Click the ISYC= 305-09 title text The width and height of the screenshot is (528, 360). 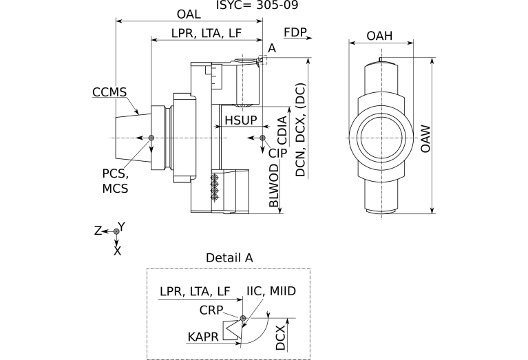(257, 5)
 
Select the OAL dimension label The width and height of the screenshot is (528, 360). (190, 14)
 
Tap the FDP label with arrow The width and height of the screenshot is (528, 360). (295, 32)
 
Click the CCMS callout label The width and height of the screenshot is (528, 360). (109, 92)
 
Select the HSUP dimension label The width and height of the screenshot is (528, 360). (241, 120)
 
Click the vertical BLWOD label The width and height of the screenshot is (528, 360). (275, 186)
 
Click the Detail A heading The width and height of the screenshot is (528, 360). (229, 257)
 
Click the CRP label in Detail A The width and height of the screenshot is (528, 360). (211, 310)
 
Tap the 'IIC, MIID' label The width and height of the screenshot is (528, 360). (271, 291)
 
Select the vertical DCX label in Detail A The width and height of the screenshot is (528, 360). (281, 338)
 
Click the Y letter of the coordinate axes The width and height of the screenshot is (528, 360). (121, 226)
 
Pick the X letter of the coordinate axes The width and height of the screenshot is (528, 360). (117, 251)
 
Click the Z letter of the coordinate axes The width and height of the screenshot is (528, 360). (98, 231)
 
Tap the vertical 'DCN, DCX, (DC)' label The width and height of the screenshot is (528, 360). (300, 131)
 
